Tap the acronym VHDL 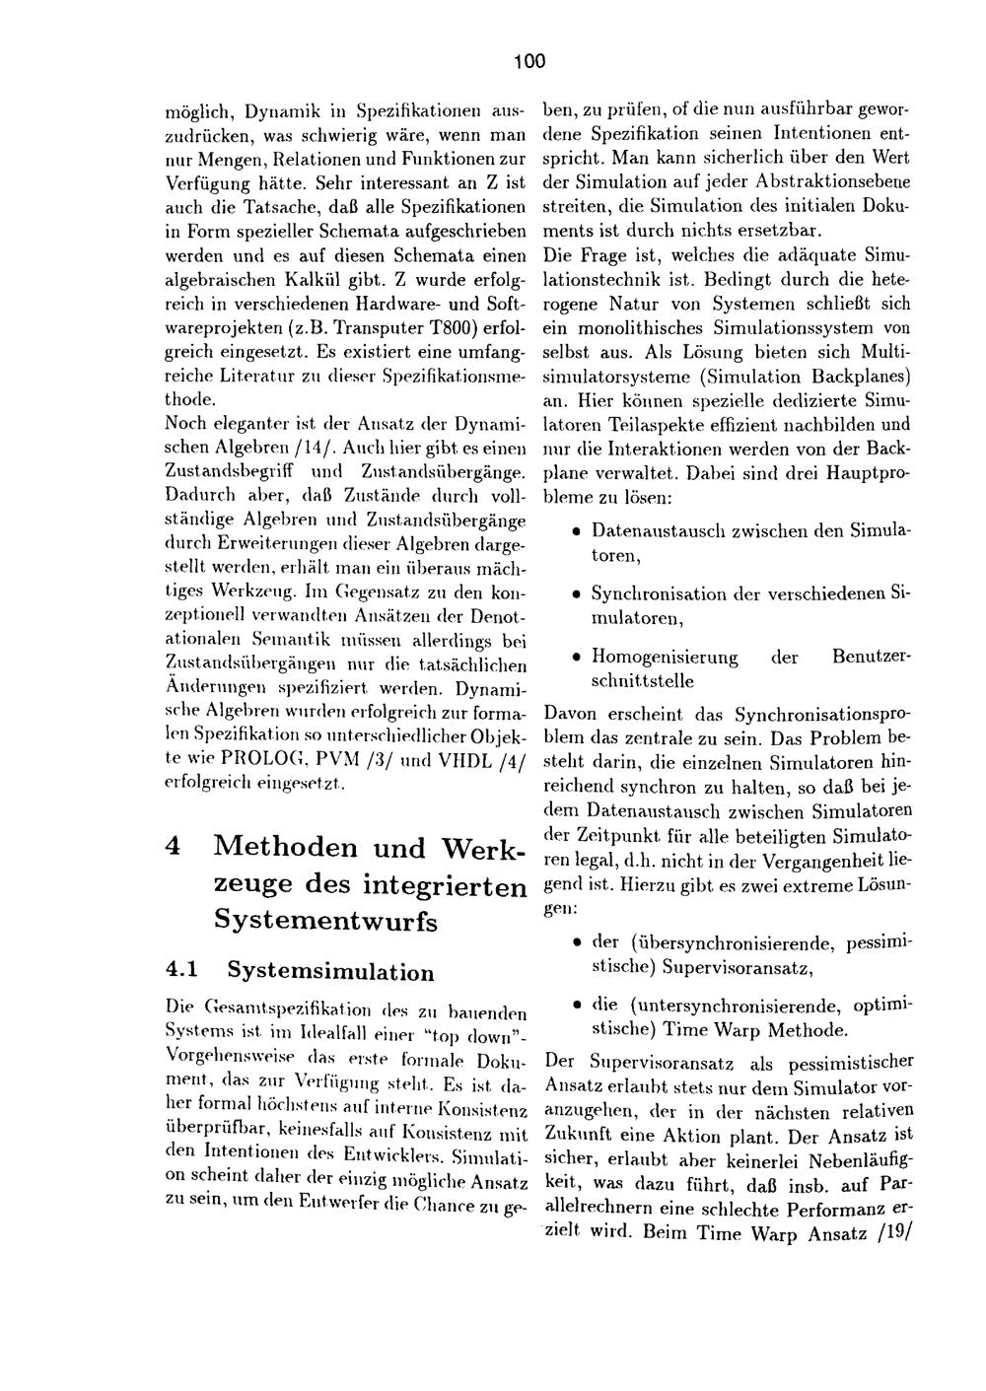(446, 761)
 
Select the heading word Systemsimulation (330, 973)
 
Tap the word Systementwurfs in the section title (325, 922)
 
